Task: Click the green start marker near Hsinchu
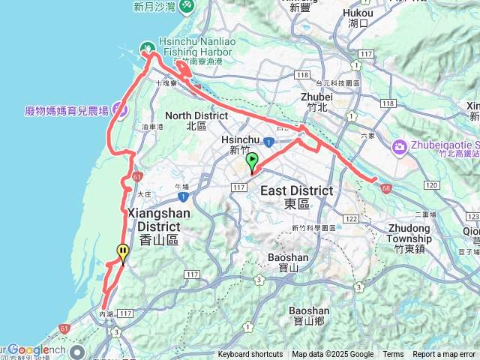252,160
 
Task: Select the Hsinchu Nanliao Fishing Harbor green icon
145,46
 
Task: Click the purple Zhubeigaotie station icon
399,145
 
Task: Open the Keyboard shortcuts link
250,355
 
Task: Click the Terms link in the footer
393,355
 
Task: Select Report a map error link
445,355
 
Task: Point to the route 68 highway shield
385,187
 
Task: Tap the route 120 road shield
430,184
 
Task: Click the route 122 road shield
350,217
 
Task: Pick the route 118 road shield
302,75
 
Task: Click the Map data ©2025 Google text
333,355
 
